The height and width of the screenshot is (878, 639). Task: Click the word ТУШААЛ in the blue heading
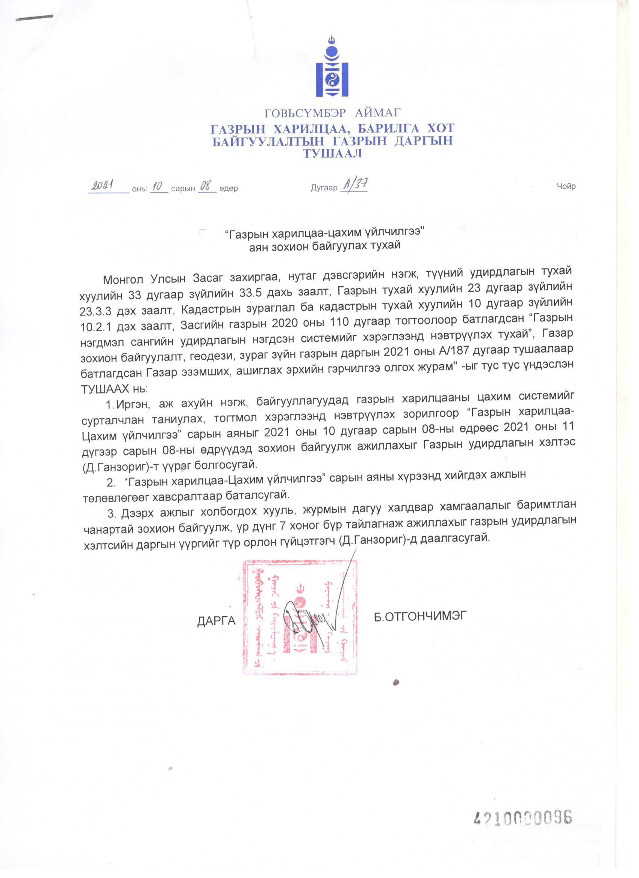click(333, 154)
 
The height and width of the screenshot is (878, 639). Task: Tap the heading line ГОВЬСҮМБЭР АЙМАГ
click(332, 113)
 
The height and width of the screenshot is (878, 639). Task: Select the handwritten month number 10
click(158, 187)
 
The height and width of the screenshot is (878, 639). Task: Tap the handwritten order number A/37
click(353, 185)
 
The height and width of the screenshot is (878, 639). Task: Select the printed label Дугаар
click(324, 189)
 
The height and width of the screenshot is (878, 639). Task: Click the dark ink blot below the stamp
click(396, 692)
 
